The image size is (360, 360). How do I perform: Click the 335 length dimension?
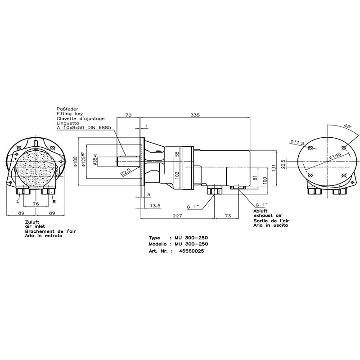[x=195, y=115]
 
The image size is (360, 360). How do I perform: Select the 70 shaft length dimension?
[x=128, y=115]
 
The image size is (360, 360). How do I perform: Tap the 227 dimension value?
[x=177, y=216]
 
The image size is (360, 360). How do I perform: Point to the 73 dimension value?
[x=228, y=216]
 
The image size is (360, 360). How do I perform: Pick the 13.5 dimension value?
[x=155, y=206]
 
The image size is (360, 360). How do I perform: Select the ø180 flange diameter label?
[x=76, y=162]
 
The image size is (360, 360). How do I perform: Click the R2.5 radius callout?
[x=126, y=172]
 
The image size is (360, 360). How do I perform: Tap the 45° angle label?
[x=347, y=126]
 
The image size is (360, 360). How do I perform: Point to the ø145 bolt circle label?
[x=335, y=155]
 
